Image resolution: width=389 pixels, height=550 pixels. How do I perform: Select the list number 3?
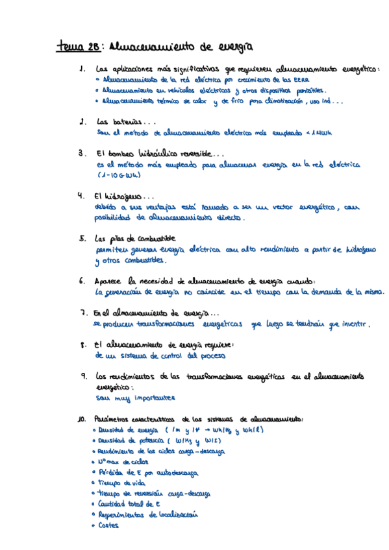[x=82, y=154]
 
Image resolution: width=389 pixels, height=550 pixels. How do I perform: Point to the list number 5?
[x=82, y=238]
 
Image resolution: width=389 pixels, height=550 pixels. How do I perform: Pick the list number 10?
[x=81, y=418]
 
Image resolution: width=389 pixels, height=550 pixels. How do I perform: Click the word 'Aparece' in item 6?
[x=109, y=281]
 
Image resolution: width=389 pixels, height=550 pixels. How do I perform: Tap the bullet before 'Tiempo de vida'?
[x=94, y=483]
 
